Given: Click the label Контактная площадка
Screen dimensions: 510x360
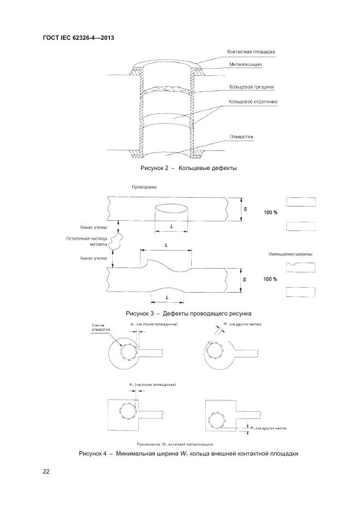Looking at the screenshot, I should pyautogui.click(x=251, y=52).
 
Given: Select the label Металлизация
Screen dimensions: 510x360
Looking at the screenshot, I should pyautogui.click(x=245, y=64).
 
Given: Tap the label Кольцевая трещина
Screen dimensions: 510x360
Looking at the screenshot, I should pyautogui.click(x=251, y=87).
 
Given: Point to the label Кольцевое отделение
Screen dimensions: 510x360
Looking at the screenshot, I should pyautogui.click(x=253, y=101).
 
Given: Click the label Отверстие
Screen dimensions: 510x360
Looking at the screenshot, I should pyautogui.click(x=241, y=136).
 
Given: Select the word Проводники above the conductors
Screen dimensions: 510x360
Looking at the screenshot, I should pyautogui.click(x=144, y=186).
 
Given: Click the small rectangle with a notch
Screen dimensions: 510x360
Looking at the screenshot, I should pyautogui.click(x=301, y=266).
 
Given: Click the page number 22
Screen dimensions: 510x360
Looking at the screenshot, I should pyautogui.click(x=46, y=472).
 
